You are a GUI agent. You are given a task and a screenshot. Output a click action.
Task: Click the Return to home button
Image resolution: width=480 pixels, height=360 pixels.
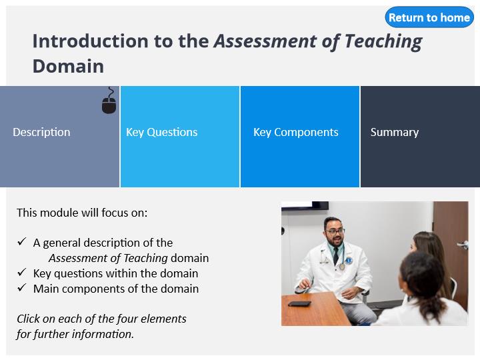point(429,17)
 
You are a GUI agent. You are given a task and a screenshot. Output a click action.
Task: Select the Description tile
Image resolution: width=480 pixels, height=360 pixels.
point(60,137)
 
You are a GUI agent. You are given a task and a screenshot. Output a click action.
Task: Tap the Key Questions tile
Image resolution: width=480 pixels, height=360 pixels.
point(180,137)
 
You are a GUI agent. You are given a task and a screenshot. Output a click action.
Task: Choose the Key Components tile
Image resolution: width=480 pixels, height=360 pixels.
point(300,137)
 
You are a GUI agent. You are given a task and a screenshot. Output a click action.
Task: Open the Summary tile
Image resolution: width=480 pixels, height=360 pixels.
point(420,137)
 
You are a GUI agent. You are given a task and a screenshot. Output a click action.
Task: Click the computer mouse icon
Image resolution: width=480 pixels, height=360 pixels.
point(109,101)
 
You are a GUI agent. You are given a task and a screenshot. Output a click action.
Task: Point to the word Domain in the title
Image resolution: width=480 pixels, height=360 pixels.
point(68,66)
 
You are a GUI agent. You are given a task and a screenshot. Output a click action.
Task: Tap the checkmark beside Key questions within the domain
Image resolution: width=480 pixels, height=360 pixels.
point(22,272)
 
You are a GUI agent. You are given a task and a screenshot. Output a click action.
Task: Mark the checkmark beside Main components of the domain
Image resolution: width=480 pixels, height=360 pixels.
point(22,287)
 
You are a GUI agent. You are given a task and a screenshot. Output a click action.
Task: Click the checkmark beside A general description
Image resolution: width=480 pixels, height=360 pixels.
point(22,241)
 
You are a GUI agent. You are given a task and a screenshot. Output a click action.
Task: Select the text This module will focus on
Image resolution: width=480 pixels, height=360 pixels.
point(82,213)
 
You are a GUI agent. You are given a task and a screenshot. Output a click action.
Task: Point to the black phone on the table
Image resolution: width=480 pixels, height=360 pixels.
point(300,304)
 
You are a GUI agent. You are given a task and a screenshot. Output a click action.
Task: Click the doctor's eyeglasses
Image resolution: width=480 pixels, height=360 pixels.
point(335,231)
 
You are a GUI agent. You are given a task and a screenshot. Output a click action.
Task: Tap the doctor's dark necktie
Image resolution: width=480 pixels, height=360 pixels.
point(336,255)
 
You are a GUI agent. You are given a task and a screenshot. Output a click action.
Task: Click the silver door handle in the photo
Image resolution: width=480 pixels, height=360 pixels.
point(463,245)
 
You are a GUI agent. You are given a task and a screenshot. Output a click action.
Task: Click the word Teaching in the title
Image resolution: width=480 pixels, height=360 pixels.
point(383,42)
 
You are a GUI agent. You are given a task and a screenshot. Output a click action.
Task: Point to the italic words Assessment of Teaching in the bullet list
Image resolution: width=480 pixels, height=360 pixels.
point(108,258)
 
